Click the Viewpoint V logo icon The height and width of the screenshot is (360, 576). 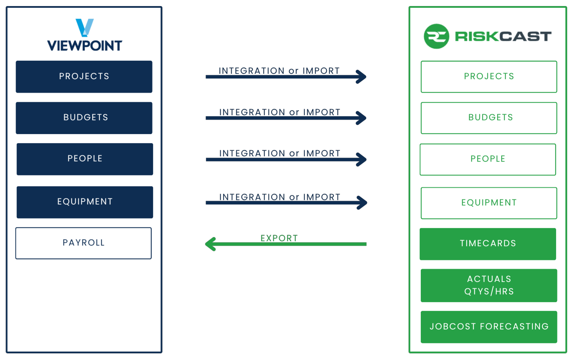[84, 28]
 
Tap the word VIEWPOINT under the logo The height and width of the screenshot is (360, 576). [84, 46]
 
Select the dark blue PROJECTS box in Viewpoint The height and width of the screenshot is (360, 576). [84, 76]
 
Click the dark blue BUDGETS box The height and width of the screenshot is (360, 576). [84, 118]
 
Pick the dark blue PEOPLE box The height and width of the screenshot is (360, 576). [85, 159]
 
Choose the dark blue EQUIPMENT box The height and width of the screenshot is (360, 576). [85, 202]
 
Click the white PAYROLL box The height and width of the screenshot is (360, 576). [83, 243]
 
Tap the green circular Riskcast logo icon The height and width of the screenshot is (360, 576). [436, 36]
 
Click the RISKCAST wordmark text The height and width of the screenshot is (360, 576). [503, 36]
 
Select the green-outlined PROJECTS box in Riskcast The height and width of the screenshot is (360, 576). [489, 76]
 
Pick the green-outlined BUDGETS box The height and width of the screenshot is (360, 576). [489, 118]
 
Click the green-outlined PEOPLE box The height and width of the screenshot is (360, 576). [488, 159]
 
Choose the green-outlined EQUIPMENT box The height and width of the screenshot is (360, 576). [489, 203]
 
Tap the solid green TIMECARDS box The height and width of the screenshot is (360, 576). [488, 244]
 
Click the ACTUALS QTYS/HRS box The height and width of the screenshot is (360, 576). [489, 285]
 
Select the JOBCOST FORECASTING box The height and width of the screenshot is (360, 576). [489, 327]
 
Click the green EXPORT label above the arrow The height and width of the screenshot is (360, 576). [279, 238]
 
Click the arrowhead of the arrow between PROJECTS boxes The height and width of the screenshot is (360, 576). [362, 77]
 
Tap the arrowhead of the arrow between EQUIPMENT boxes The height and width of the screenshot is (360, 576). [362, 203]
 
